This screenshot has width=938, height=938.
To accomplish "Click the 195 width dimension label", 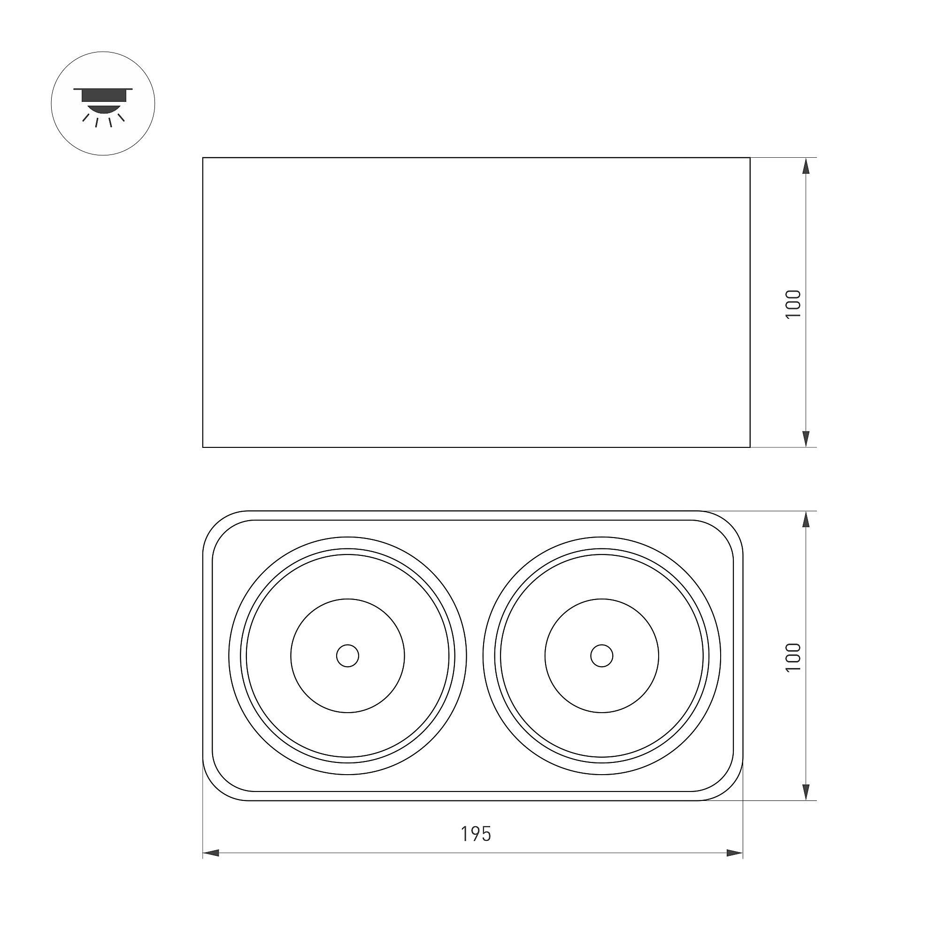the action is pos(476,834).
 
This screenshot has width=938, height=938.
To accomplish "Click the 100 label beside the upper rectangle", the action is pos(793,304).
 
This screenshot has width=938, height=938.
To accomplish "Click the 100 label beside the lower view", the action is pos(793,657).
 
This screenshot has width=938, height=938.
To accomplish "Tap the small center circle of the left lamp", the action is pos(347,656).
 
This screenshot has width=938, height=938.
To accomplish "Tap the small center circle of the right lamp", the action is pos(601,656).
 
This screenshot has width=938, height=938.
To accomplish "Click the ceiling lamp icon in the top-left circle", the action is pos(103,107).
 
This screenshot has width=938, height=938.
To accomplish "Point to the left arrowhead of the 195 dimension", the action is pos(211,853).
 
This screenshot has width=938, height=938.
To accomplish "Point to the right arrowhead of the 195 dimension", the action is pos(735,853).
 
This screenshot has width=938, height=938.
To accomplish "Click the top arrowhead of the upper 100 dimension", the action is pos(806,166).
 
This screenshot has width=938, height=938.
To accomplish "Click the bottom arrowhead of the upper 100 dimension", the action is pos(806,439).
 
